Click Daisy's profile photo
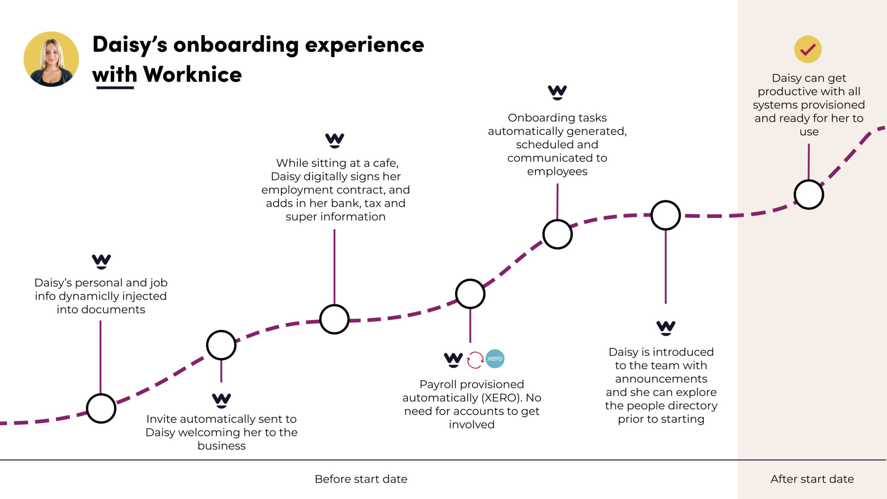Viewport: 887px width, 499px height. [51, 59]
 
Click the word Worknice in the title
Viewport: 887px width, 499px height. [192, 75]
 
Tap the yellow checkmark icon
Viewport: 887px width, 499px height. [808, 49]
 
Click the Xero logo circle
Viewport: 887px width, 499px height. [495, 359]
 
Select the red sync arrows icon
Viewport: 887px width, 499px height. [475, 360]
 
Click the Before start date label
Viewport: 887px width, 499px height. [361, 479]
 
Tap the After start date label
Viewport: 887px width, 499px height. [812, 479]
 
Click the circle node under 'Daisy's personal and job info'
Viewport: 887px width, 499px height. [101, 408]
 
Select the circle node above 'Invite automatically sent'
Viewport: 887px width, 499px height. [221, 345]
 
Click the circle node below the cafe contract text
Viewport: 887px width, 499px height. [334, 319]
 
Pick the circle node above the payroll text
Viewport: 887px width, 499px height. [470, 294]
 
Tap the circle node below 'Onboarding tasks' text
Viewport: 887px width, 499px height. [557, 234]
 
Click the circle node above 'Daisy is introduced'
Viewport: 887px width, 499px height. [666, 215]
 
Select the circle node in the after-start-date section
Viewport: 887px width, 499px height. [809, 194]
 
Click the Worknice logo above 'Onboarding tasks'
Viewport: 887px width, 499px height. [557, 92]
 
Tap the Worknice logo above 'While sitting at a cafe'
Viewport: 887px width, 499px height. [334, 140]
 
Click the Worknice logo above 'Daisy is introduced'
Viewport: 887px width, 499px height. [666, 327]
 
